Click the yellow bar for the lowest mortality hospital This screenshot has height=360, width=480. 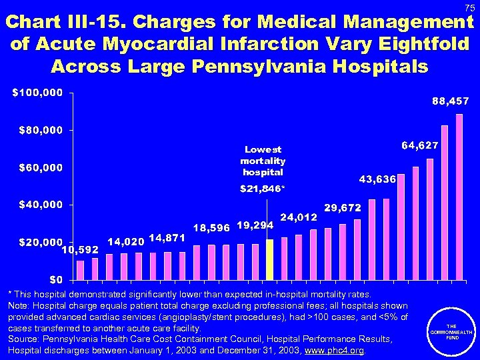[269, 259]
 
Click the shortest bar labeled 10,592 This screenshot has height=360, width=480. [80, 269]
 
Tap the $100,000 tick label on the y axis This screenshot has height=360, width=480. [37, 92]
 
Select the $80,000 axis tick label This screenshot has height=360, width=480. [37, 129]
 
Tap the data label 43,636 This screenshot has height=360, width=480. [377, 179]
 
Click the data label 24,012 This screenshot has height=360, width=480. [299, 217]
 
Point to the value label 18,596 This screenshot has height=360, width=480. [211, 227]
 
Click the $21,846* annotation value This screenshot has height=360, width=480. [262, 189]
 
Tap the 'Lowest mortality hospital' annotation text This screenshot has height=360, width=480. [263, 161]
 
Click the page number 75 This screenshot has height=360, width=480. [469, 7]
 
